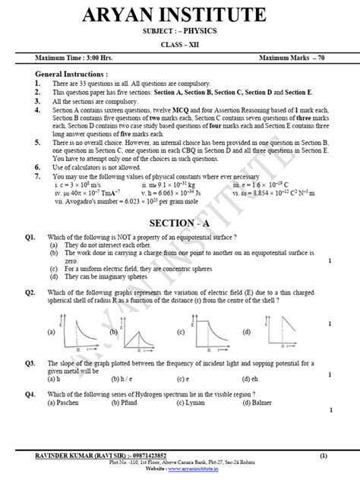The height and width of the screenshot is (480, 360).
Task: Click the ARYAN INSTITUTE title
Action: coord(179,16)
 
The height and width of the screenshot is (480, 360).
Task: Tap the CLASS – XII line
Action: coord(180,45)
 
